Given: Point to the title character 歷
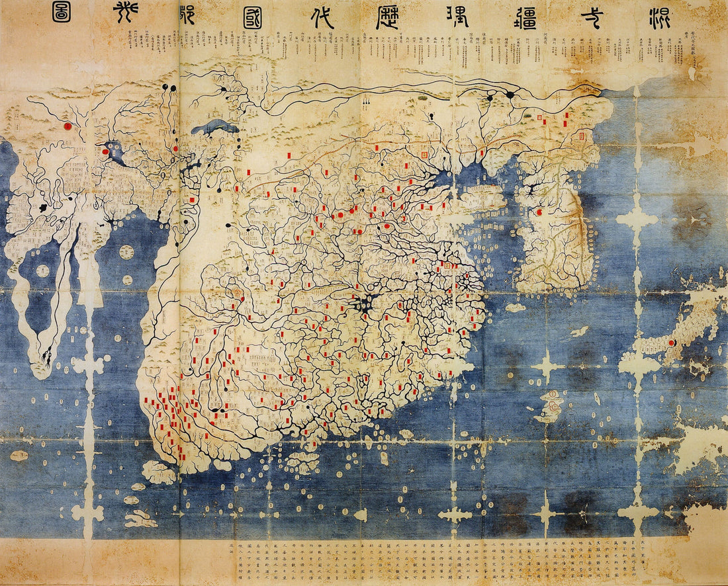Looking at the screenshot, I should click(387, 18).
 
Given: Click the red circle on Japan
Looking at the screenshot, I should click(671, 343).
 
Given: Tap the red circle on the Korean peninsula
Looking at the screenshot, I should click(539, 212).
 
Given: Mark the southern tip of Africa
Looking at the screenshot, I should click(45, 360).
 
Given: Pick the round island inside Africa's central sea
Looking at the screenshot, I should click(43, 271).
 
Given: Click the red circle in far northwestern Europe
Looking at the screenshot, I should click(67, 125).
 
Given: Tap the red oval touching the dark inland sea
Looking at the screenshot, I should click(105, 151).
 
